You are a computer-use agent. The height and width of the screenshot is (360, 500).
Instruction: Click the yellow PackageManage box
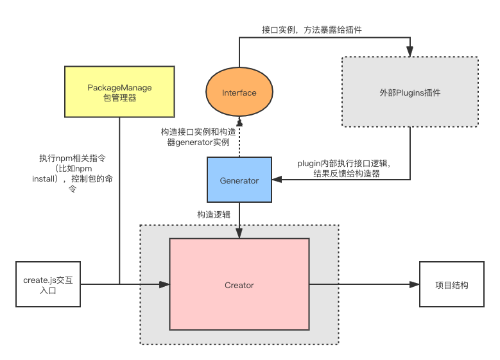coord(119,92)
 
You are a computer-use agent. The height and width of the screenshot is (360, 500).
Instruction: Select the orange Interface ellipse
coord(239,92)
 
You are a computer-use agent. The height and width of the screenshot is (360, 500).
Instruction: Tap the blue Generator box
coord(239,180)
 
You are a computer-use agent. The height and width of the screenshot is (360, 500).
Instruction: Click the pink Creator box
coord(239,284)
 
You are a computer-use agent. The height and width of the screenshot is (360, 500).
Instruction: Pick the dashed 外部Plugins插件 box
coord(409,92)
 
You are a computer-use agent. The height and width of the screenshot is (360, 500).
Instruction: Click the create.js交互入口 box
coord(48,284)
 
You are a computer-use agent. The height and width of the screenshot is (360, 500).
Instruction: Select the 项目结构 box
coord(451,284)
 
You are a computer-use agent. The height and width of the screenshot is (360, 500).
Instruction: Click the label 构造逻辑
coord(213,214)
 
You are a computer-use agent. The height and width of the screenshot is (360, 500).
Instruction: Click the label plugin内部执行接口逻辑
coord(344,168)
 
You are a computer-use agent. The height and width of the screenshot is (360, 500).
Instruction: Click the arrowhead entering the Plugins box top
coord(409,53)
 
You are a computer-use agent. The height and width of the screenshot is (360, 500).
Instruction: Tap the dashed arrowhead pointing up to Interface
coord(239,121)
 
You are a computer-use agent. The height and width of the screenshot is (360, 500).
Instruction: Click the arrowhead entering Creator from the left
coord(164,284)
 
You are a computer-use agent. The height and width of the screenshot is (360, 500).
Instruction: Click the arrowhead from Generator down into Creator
coord(239,234)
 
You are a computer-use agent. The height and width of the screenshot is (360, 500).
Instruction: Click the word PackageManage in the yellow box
coord(119,87)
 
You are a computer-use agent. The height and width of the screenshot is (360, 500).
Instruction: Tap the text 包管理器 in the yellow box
coord(119,98)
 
